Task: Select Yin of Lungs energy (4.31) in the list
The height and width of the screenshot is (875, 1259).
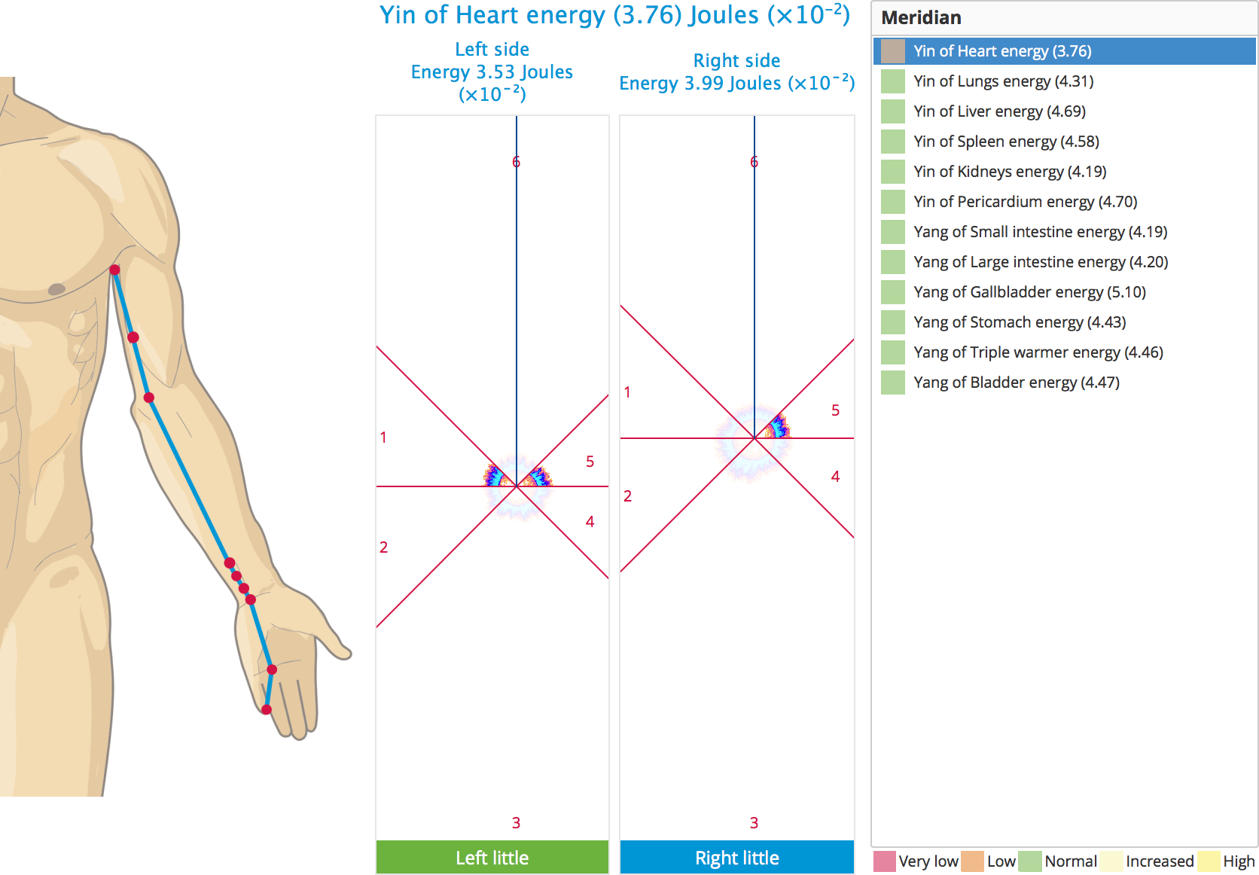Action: (1003, 81)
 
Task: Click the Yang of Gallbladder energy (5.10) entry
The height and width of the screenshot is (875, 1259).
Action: (1029, 292)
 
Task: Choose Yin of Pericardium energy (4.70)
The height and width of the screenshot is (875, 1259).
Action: (1025, 202)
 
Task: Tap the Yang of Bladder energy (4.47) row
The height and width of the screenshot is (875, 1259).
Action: (1016, 383)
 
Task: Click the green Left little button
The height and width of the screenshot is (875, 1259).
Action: (492, 858)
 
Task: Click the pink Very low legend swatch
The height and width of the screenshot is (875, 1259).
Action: (885, 861)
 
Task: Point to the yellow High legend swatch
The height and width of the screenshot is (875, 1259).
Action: (1209, 861)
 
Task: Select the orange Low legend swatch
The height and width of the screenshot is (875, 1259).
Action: (973, 861)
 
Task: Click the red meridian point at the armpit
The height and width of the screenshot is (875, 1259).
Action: (114, 270)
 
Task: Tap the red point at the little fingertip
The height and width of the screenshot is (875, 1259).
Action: (267, 709)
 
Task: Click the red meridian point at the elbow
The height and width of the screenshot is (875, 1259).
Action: (149, 398)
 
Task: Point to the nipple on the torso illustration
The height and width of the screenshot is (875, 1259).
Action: (56, 289)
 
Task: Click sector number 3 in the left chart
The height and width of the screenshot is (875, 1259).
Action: (516, 823)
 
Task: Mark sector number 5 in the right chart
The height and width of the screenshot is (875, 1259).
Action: (835, 410)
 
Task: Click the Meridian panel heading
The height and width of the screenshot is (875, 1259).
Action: (921, 18)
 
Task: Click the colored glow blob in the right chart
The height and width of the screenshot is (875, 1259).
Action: (776, 428)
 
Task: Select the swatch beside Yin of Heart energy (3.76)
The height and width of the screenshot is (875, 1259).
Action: (893, 51)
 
